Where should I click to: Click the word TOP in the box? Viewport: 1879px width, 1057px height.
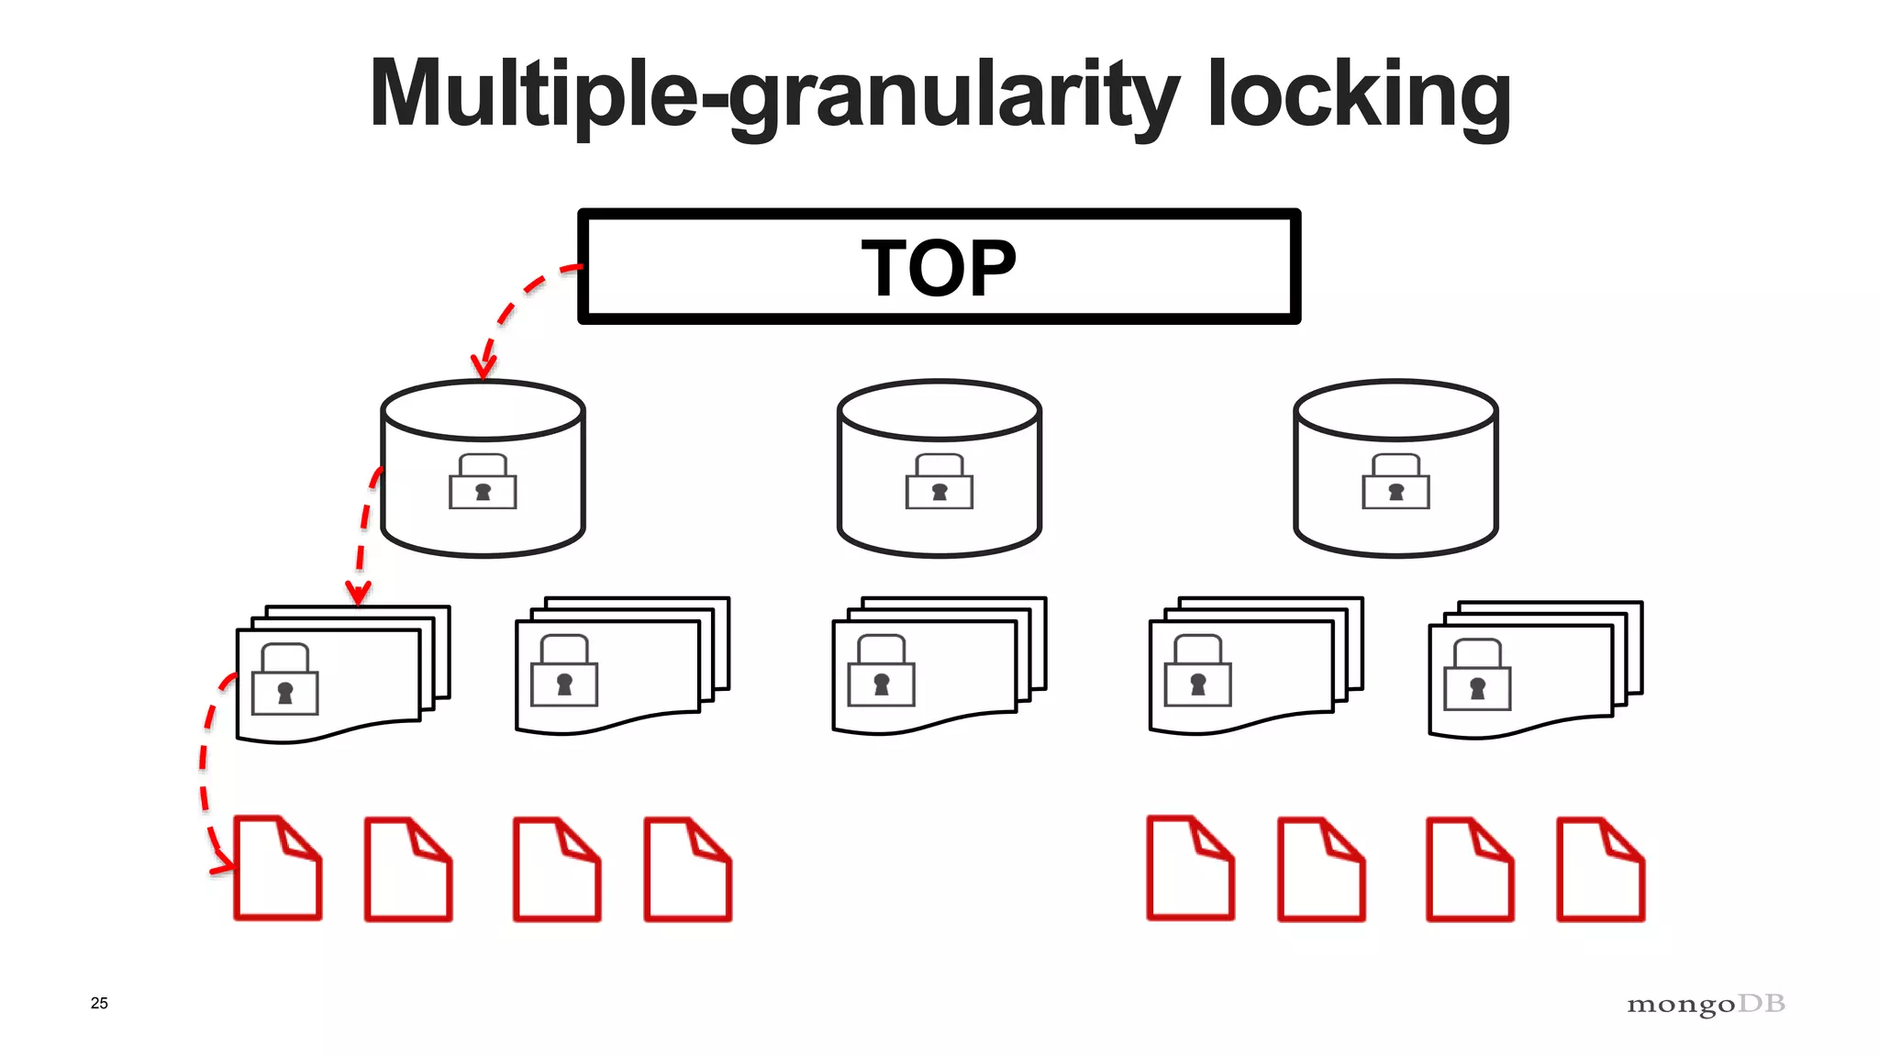click(x=939, y=268)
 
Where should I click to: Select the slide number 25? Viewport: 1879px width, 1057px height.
click(x=99, y=1003)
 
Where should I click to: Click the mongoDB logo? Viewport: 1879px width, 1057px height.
click(x=1706, y=1004)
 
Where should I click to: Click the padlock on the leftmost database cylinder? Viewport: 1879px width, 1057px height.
click(x=483, y=483)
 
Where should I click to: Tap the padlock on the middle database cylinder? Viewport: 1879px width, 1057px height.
click(x=939, y=483)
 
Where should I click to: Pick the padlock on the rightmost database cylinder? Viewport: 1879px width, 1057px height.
click(x=1395, y=483)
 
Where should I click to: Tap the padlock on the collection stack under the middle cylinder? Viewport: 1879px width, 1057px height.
click(x=882, y=672)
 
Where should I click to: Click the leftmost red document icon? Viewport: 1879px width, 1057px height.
click(x=277, y=868)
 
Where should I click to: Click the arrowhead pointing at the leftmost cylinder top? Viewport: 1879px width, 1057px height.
click(x=483, y=367)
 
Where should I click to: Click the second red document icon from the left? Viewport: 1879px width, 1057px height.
click(x=408, y=869)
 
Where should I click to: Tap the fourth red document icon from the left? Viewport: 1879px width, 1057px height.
click(x=688, y=869)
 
